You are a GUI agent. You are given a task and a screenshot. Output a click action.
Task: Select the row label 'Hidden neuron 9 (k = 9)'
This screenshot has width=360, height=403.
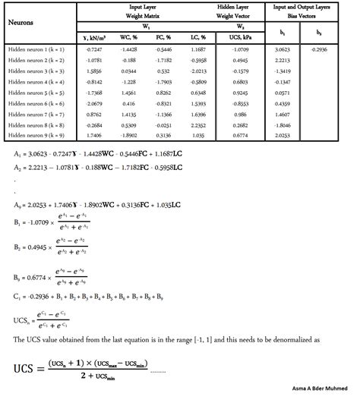point(36,134)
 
